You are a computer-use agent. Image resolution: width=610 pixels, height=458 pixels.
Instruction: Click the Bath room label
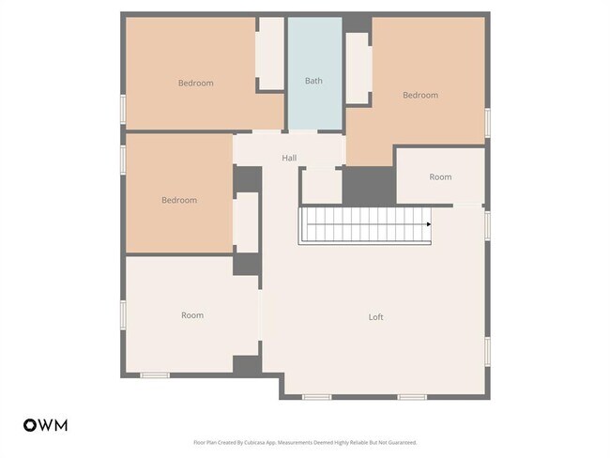click(x=313, y=81)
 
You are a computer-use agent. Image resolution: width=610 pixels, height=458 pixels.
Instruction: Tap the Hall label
click(x=289, y=158)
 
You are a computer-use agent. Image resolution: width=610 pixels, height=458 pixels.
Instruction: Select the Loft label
click(x=375, y=317)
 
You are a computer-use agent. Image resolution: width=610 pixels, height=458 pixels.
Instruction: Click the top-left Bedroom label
click(x=195, y=83)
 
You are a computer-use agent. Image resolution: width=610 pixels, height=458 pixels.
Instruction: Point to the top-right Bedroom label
click(x=419, y=95)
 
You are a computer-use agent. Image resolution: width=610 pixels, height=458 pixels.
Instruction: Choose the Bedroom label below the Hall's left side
click(x=178, y=200)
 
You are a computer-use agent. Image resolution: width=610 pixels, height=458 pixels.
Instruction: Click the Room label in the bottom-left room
click(x=191, y=315)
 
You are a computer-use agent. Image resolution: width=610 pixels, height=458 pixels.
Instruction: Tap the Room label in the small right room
click(x=440, y=176)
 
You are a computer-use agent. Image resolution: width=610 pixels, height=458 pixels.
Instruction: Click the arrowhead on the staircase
click(x=429, y=224)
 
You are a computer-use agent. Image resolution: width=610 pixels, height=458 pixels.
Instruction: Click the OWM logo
click(x=45, y=425)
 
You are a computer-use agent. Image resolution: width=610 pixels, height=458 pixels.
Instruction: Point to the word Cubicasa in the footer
click(x=252, y=442)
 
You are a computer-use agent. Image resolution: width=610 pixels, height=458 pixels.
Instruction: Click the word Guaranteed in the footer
click(x=401, y=442)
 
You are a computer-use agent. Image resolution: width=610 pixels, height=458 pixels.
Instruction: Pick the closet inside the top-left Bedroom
click(x=270, y=53)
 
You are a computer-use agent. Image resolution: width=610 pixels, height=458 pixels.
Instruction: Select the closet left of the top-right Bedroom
click(x=357, y=68)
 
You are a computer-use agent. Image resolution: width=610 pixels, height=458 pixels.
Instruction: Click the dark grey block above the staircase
click(x=368, y=186)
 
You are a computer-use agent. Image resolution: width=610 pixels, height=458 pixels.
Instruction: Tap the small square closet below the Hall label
click(x=321, y=185)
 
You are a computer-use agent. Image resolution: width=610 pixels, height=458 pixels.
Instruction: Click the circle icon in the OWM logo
click(x=30, y=425)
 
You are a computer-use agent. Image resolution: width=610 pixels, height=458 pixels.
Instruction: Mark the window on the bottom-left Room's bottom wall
click(x=154, y=375)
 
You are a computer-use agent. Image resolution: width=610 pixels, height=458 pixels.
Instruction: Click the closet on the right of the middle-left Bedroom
click(x=247, y=222)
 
